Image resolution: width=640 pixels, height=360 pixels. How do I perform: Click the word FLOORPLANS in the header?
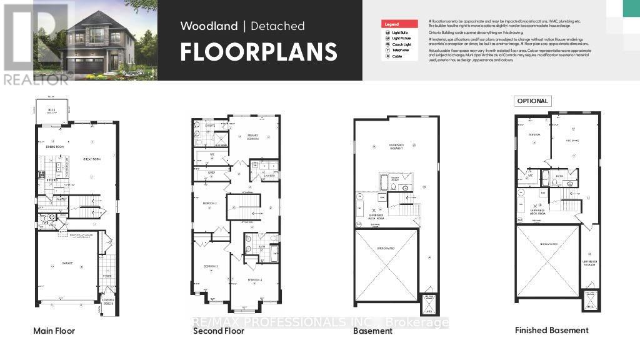click(x=259, y=52)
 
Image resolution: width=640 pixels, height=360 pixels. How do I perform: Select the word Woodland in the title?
click(x=209, y=26)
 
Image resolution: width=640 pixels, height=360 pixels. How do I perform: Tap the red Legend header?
click(x=399, y=24)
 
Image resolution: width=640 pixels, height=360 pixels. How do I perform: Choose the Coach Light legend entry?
click(x=401, y=44)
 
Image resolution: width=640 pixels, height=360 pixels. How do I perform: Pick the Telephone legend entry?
click(x=399, y=50)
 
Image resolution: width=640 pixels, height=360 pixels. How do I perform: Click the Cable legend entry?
click(x=397, y=56)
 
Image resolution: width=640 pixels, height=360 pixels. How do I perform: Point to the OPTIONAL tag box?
click(x=532, y=101)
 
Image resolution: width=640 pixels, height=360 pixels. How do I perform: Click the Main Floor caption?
click(x=54, y=330)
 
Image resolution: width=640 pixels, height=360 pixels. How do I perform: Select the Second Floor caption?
click(x=219, y=330)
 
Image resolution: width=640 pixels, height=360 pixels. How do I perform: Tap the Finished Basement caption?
click(x=551, y=330)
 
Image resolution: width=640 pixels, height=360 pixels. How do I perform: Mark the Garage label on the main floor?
click(x=67, y=264)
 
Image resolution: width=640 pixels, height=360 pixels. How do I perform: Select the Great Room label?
click(x=91, y=159)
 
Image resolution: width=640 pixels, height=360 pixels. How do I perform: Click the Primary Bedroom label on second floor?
click(x=252, y=137)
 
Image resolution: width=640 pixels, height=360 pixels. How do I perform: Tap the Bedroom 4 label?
click(x=254, y=279)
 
